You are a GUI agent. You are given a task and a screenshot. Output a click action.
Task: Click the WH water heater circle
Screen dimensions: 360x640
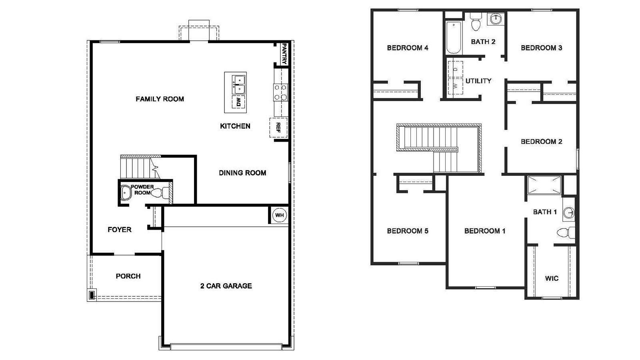[279, 215]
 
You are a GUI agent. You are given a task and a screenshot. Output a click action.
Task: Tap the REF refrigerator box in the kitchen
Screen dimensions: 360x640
[278, 128]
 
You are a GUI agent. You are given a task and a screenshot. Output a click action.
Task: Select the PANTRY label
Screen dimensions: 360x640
[284, 54]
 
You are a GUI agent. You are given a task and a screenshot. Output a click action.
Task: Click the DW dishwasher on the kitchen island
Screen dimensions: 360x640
[238, 102]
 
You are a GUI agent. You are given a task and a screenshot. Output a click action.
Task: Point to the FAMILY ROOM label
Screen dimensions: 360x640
[160, 99]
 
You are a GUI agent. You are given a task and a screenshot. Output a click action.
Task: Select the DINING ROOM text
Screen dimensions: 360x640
[242, 173]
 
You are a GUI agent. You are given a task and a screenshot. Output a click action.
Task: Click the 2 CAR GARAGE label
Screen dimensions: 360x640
[226, 286]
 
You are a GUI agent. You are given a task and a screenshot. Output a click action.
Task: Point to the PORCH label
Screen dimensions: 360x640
[128, 276]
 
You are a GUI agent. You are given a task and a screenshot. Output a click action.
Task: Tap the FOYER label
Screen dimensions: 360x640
[120, 230]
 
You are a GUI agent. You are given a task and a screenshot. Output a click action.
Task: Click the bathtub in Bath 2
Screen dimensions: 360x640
[454, 38]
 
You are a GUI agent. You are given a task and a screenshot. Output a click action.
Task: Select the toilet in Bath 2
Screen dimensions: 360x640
[476, 22]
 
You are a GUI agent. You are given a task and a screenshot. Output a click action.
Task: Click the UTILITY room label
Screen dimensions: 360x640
[478, 81]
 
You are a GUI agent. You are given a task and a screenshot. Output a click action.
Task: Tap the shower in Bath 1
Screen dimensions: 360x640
[544, 185]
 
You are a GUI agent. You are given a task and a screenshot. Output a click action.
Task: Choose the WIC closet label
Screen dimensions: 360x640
[552, 278]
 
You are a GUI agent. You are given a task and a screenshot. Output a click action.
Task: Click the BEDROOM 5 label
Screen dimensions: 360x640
[408, 231]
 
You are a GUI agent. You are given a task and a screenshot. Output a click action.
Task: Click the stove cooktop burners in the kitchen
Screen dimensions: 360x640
[280, 92]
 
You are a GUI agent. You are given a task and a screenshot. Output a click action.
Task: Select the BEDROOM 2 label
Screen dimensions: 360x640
[541, 142]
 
